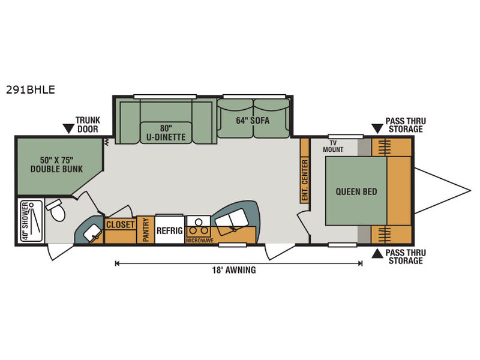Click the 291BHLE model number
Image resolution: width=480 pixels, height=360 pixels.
31,89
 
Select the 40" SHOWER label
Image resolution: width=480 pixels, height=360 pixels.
25,220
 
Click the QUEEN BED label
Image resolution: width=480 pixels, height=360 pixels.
356,191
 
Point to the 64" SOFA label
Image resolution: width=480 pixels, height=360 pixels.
253,121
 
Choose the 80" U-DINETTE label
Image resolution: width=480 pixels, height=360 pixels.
166,133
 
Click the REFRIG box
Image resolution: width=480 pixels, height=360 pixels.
170,230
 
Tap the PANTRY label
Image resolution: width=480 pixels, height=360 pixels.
146,230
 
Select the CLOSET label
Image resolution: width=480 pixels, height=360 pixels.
121,224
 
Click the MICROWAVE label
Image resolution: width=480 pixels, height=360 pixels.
200,241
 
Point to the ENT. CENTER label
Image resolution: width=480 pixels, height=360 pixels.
305,181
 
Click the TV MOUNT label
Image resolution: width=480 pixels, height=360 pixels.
333,146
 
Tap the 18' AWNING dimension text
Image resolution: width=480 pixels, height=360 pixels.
234,270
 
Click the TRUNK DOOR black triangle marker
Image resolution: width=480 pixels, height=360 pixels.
68,128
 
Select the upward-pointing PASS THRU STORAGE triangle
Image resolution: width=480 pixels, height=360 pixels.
377,254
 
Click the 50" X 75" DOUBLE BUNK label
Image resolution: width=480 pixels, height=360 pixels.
56,164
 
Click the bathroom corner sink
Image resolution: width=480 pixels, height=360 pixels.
93,233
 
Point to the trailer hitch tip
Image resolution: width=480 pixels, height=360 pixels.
470,191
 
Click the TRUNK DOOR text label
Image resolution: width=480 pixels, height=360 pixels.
88,125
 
